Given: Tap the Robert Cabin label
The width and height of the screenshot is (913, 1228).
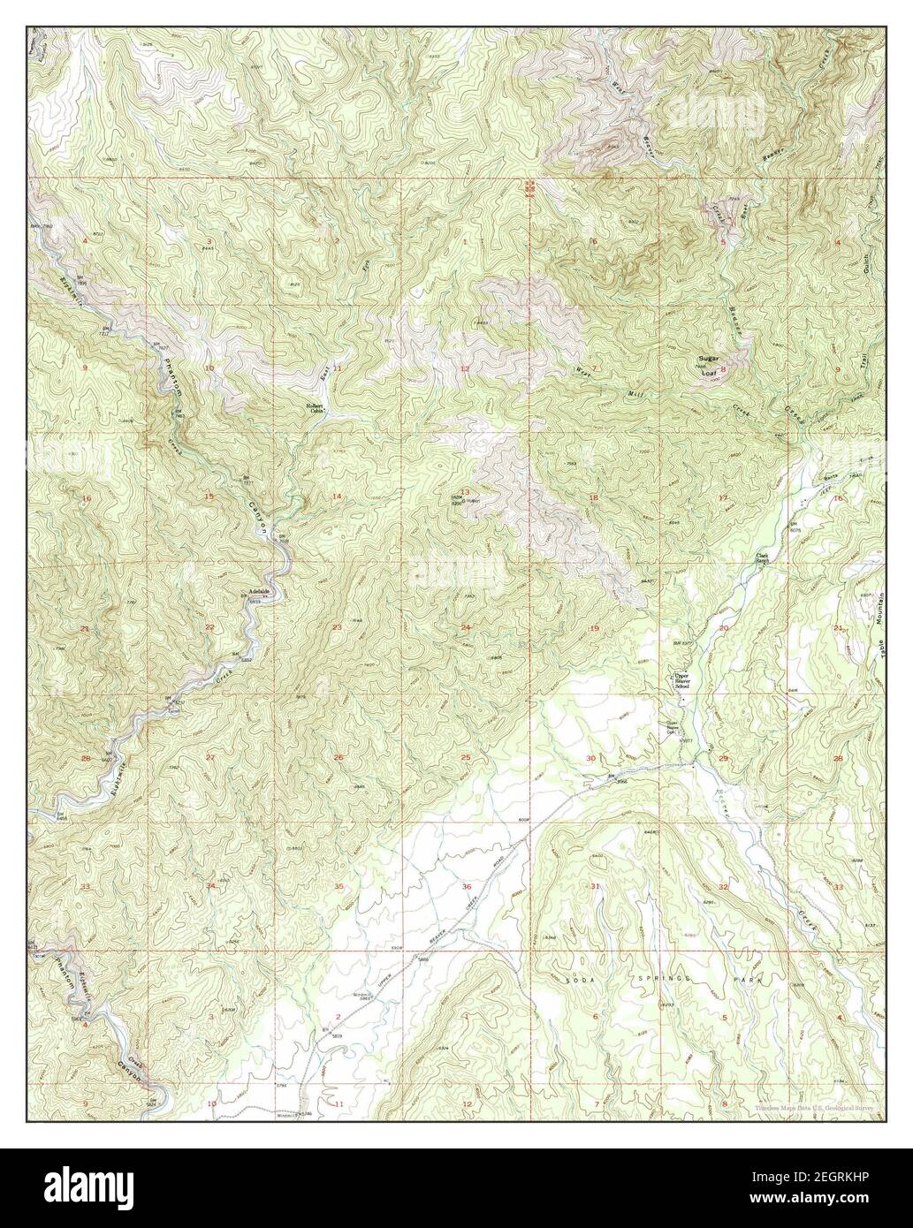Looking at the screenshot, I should [316, 408].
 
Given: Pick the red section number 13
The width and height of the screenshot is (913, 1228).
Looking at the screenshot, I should [464, 492].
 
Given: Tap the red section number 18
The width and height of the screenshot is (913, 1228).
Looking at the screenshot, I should [594, 498].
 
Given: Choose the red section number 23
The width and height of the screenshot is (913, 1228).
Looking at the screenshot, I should [337, 627].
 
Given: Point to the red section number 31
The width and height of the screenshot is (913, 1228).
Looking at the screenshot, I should [595, 886].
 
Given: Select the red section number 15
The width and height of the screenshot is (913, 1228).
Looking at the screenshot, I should [209, 497].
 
